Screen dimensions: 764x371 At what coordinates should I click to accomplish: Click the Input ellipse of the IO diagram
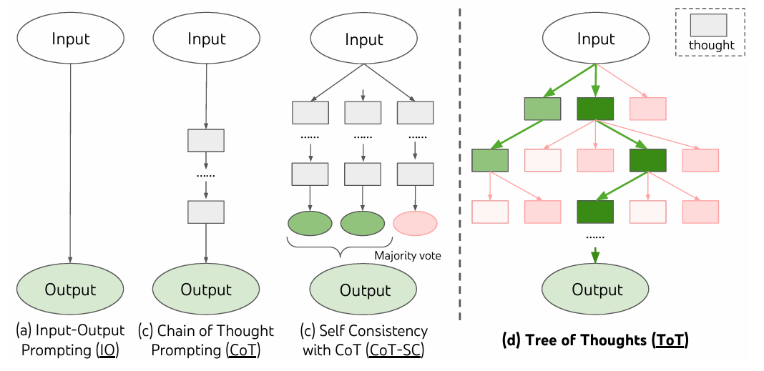point(71,39)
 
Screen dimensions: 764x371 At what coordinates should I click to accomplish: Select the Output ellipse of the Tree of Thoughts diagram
point(597,290)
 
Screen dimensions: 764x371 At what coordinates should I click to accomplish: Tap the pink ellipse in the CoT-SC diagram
point(415,224)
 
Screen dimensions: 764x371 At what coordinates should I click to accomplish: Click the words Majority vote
point(407,256)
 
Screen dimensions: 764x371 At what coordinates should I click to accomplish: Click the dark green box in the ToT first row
point(595,109)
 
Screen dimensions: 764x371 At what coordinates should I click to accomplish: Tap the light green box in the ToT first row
point(542,109)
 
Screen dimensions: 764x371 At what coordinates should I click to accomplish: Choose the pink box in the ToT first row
point(647,109)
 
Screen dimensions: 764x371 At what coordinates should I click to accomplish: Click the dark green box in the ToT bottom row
point(595,212)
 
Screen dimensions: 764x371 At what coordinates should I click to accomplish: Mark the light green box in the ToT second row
point(490,160)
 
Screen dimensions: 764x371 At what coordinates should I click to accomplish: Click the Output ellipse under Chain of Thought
point(207,290)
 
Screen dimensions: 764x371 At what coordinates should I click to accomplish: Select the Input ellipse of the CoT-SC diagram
point(364,39)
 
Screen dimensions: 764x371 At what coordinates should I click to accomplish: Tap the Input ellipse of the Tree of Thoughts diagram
point(597,39)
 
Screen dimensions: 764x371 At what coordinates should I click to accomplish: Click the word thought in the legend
point(711,46)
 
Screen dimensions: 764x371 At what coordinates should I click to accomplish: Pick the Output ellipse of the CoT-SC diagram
point(364,290)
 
